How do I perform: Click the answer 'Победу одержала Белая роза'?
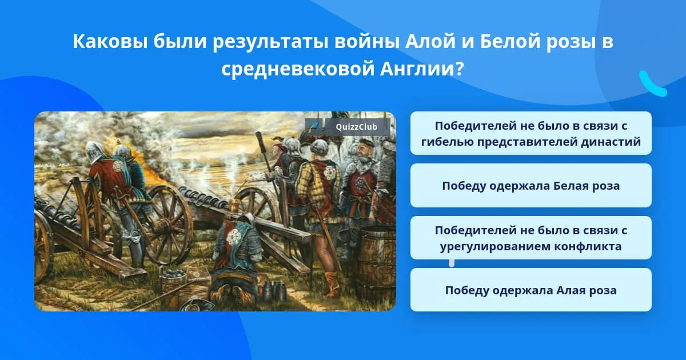531,186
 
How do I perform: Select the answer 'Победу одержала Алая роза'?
531,290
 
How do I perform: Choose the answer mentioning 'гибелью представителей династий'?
531,133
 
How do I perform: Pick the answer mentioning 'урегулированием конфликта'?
531,238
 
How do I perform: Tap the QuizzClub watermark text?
356,127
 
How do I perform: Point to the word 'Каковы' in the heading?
110,42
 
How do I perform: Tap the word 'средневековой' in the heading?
298,69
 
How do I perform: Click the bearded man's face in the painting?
365,152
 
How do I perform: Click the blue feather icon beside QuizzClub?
314,127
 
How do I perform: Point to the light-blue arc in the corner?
652,85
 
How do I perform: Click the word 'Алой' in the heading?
430,42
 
